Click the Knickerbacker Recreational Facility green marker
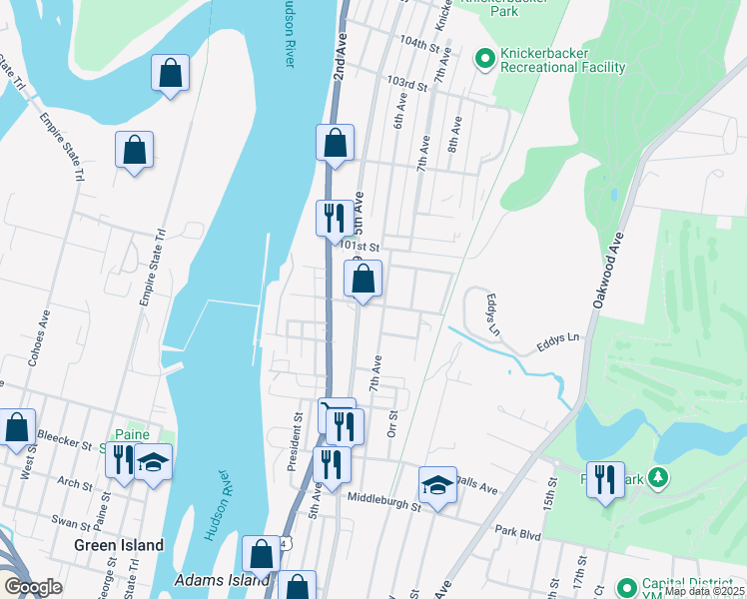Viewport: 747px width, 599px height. [485, 59]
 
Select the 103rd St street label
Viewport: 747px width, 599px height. [407, 82]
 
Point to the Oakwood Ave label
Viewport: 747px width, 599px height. [611, 269]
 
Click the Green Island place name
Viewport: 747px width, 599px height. [119, 545]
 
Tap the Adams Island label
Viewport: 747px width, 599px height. [222, 579]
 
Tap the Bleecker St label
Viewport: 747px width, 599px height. [64, 436]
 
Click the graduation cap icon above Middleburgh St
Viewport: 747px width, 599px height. [437, 485]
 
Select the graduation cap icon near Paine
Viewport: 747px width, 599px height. [153, 461]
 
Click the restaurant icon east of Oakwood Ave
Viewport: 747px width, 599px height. [605, 479]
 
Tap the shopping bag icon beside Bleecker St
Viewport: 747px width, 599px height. [17, 427]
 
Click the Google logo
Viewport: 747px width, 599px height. [33, 587]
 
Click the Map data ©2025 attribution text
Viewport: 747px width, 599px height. [705, 591]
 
